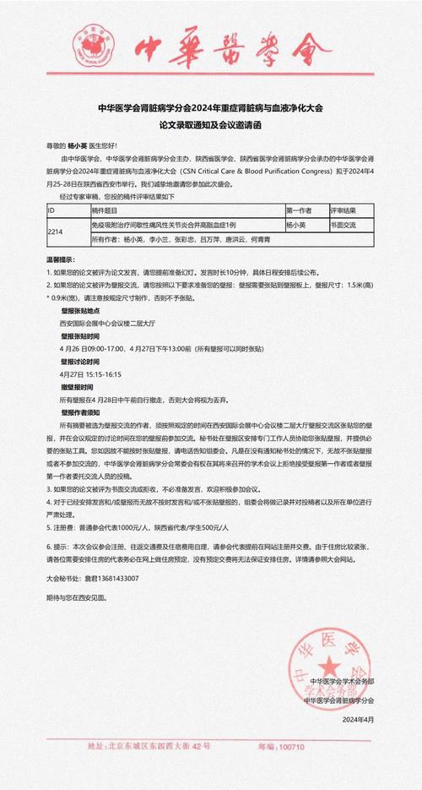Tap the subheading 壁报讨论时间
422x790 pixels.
click(x=80, y=362)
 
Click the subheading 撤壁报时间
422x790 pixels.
click(x=77, y=386)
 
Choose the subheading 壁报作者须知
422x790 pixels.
click(x=80, y=411)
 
